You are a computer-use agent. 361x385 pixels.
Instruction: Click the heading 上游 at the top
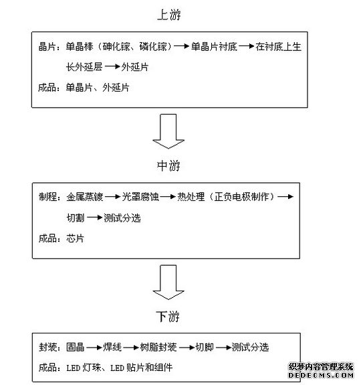(x=168, y=14)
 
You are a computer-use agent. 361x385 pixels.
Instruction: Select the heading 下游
(x=168, y=315)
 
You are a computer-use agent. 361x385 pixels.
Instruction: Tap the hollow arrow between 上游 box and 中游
(x=168, y=131)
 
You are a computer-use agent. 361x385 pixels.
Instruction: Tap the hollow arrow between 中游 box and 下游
(x=168, y=282)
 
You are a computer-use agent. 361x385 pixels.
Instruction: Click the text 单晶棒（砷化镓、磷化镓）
(x=119, y=47)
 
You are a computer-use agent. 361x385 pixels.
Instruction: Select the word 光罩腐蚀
(x=140, y=198)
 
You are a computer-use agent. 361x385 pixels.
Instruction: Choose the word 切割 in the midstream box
(x=75, y=218)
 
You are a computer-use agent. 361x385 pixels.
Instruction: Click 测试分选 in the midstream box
(x=122, y=218)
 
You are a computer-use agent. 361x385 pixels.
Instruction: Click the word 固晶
(x=75, y=348)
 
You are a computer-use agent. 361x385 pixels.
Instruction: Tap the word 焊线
(x=112, y=348)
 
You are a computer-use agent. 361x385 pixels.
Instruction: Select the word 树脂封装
(x=158, y=348)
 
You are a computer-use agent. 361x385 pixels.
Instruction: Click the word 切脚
(x=204, y=348)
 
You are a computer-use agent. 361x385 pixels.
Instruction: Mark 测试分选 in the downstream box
(x=250, y=348)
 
